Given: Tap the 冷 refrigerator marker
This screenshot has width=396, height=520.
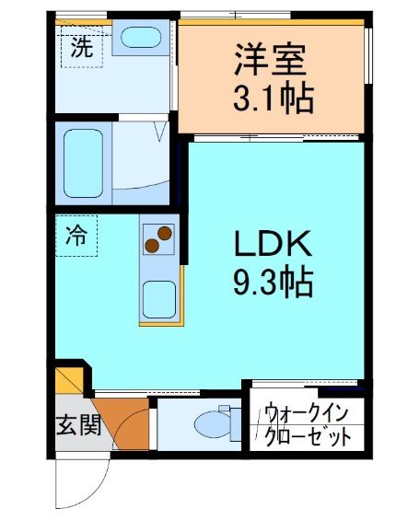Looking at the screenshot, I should point(76,236).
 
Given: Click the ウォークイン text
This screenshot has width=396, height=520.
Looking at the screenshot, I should point(307,413).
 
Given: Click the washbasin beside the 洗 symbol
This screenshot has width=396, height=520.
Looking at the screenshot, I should point(141,39).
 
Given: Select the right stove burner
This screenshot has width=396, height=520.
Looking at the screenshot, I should point(165,234).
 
